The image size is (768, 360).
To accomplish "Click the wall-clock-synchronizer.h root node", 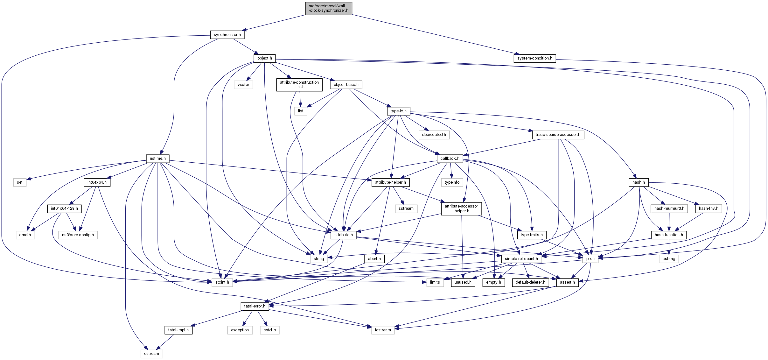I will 328,8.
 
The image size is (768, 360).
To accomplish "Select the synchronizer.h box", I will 227,35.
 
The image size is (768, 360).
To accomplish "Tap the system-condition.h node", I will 534,58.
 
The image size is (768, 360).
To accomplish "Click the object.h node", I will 265,58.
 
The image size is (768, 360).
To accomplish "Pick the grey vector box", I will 243,85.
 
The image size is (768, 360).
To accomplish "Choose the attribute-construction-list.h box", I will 299,85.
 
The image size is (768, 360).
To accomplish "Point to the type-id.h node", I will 398,111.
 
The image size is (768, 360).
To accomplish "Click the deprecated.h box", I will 434,135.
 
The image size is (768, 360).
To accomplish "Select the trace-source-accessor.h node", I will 558,135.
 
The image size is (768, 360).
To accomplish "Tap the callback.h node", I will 450,159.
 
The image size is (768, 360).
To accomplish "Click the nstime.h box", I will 158,159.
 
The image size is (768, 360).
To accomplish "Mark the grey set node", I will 20,182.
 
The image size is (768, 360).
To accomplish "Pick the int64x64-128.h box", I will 64,209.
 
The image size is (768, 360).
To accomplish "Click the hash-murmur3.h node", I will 669,209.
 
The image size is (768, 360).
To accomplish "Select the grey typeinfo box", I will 452,182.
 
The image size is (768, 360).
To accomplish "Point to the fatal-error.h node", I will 255,306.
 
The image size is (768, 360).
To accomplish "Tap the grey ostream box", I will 152,354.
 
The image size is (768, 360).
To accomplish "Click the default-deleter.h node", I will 530,282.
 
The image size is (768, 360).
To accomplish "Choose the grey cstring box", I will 669,259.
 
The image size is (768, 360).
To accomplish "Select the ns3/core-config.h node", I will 78,235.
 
